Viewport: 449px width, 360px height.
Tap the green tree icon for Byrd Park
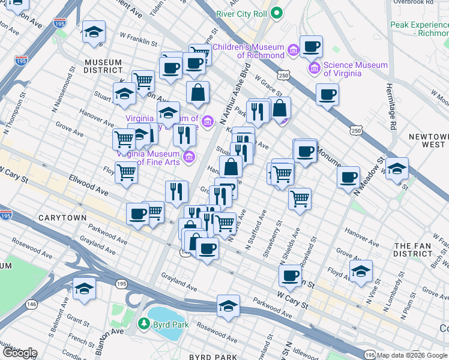[x=144, y=325]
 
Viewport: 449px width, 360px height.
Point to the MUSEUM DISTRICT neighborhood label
[x=103, y=67]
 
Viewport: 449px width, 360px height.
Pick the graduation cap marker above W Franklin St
[x=94, y=32]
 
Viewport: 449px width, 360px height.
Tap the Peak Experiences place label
[x=419, y=29]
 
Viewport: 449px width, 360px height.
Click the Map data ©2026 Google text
[x=412, y=355]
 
